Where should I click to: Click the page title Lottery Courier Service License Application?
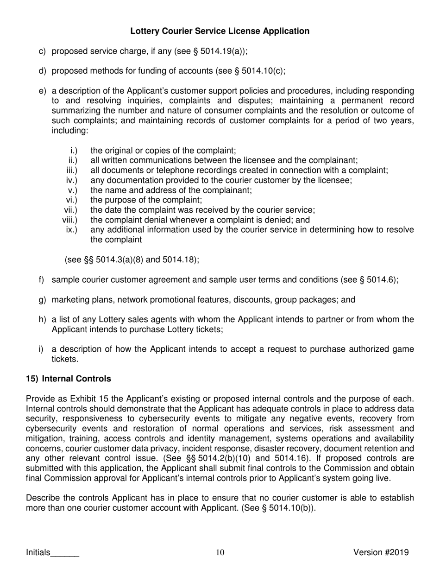(x=220, y=31)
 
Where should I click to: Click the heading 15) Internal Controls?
(x=69, y=379)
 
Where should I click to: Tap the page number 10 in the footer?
(x=220, y=552)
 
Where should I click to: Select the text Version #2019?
(x=381, y=552)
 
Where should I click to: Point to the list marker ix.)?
(x=71, y=230)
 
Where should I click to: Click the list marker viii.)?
(x=70, y=220)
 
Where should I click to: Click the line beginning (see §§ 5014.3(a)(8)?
(x=132, y=260)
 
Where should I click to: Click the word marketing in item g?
(x=68, y=299)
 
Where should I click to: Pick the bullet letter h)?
(x=42, y=319)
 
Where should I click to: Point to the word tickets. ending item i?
(x=65, y=359)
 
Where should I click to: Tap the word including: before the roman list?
(x=69, y=131)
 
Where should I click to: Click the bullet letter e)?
(x=42, y=90)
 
